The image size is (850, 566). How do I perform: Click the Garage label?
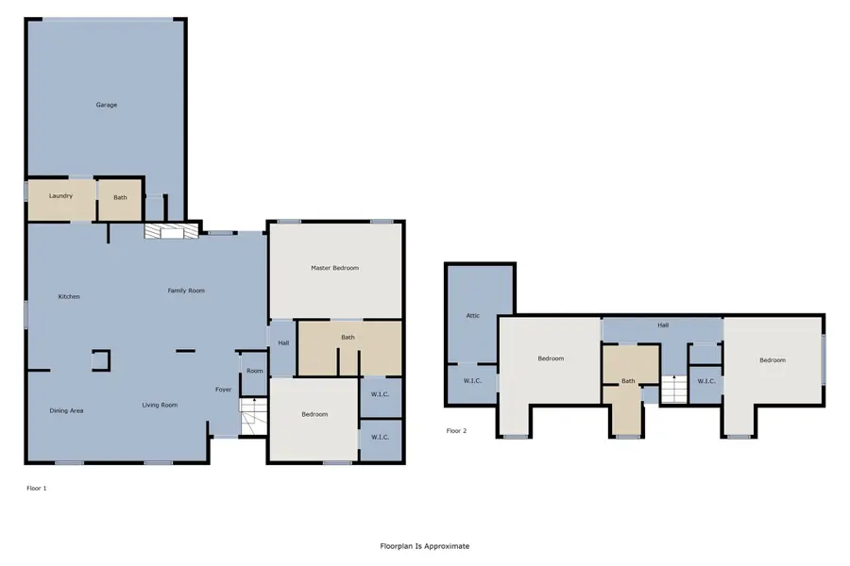(106, 105)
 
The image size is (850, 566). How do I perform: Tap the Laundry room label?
(60, 197)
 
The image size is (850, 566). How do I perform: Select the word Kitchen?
(69, 297)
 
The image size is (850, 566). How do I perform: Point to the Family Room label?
(186, 291)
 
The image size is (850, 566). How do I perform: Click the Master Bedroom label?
(334, 268)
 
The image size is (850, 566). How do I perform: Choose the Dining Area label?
(67, 410)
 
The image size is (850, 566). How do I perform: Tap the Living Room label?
(160, 406)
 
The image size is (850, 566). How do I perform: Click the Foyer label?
(223, 390)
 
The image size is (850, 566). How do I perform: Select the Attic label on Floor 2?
(473, 316)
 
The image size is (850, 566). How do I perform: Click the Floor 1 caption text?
(36, 489)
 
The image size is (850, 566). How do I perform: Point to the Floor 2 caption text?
(457, 430)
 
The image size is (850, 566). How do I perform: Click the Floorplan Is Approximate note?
(424, 546)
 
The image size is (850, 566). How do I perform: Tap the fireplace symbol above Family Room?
(171, 230)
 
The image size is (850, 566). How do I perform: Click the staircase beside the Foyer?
(252, 417)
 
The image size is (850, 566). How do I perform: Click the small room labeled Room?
(254, 371)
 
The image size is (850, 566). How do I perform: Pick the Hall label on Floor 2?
(663, 325)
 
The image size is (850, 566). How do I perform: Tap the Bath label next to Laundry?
(120, 198)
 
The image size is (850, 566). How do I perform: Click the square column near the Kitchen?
(100, 359)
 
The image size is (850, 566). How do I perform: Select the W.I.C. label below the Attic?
(472, 382)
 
